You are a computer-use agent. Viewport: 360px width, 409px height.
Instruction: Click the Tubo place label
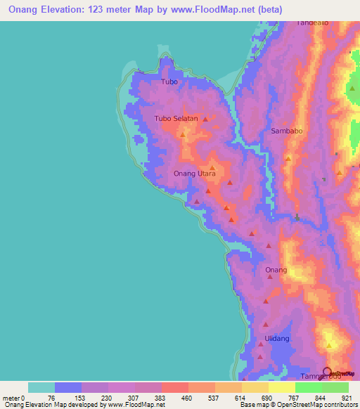(169, 82)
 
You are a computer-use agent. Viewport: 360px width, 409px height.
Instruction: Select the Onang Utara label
(195, 173)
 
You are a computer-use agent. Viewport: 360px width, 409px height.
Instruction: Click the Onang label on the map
(276, 270)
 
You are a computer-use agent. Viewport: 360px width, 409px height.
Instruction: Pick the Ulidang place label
(276, 339)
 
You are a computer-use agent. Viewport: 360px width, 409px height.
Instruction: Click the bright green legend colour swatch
(309, 387)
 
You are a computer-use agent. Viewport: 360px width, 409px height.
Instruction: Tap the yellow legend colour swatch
(282, 387)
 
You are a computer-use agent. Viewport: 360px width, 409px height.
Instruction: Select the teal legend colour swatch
(41, 387)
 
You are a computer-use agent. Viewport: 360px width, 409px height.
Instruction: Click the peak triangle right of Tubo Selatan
(205, 119)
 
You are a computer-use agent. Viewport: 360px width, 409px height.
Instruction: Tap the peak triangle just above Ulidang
(266, 325)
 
